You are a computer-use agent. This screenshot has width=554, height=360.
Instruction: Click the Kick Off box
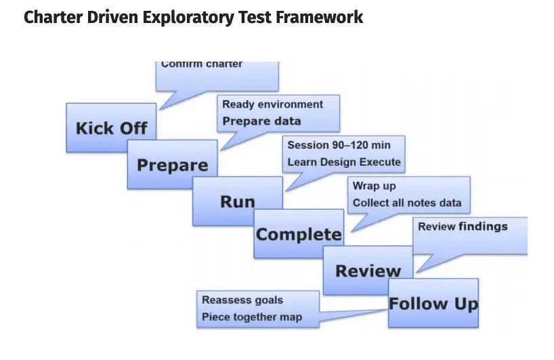111,127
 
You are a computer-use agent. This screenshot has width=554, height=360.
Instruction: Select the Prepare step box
172,164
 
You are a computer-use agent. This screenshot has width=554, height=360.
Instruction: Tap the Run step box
238,201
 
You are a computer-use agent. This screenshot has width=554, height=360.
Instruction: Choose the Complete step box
298,234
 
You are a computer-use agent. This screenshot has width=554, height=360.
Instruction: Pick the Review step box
368,271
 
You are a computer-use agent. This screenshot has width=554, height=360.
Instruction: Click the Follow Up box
433,303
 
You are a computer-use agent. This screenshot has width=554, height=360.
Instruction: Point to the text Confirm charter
202,65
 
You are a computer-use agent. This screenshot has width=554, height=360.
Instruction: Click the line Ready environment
272,104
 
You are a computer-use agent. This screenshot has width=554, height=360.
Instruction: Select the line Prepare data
261,121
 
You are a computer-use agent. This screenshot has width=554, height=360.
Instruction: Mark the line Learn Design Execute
343,162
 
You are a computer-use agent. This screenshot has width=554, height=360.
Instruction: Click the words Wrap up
374,185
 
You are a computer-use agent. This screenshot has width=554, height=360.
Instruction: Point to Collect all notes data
406,202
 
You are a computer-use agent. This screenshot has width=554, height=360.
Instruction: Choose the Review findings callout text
462,227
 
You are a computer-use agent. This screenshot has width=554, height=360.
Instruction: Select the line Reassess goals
242,300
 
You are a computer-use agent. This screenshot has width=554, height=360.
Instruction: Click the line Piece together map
251,317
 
